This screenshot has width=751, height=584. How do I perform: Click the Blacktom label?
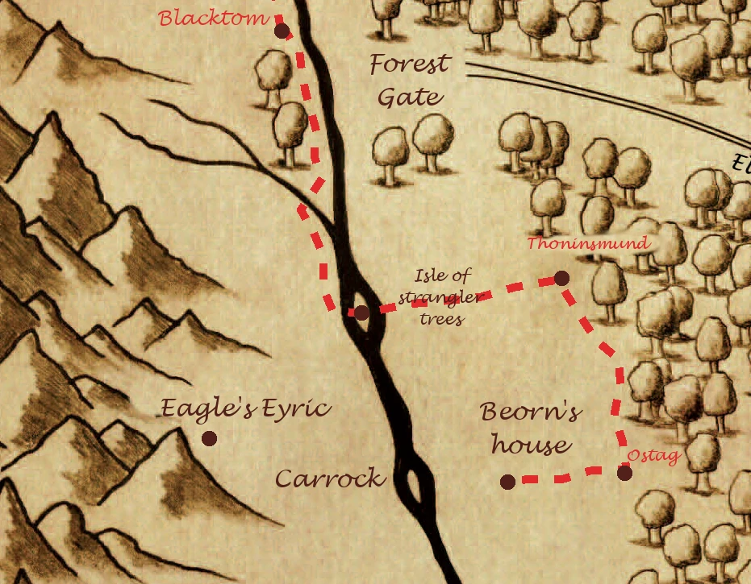[x=213, y=18]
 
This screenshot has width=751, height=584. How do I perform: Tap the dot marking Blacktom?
[x=282, y=31]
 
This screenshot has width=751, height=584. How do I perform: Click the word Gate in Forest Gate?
[x=411, y=98]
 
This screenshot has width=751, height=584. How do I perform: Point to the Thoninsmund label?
[x=588, y=243]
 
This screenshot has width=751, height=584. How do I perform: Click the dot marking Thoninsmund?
[x=562, y=278]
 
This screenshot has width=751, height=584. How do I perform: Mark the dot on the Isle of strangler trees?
[x=361, y=313]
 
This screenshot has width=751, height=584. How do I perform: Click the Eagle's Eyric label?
[x=245, y=409]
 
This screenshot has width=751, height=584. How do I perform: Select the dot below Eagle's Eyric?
[x=210, y=438]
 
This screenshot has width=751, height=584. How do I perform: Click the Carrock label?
[x=330, y=478]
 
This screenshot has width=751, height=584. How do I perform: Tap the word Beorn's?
[x=530, y=413]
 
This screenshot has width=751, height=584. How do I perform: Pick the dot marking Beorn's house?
[x=507, y=482]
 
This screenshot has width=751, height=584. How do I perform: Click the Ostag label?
[x=653, y=456]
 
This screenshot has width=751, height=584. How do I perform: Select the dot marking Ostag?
[x=625, y=473]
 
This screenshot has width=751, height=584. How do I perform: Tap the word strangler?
[x=443, y=299]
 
